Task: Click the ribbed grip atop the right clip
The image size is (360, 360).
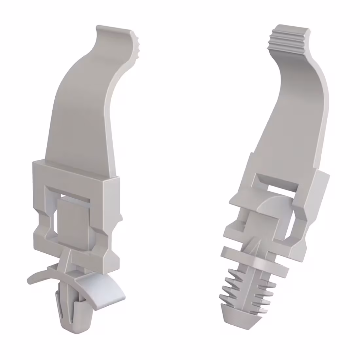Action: tap(288, 37)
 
